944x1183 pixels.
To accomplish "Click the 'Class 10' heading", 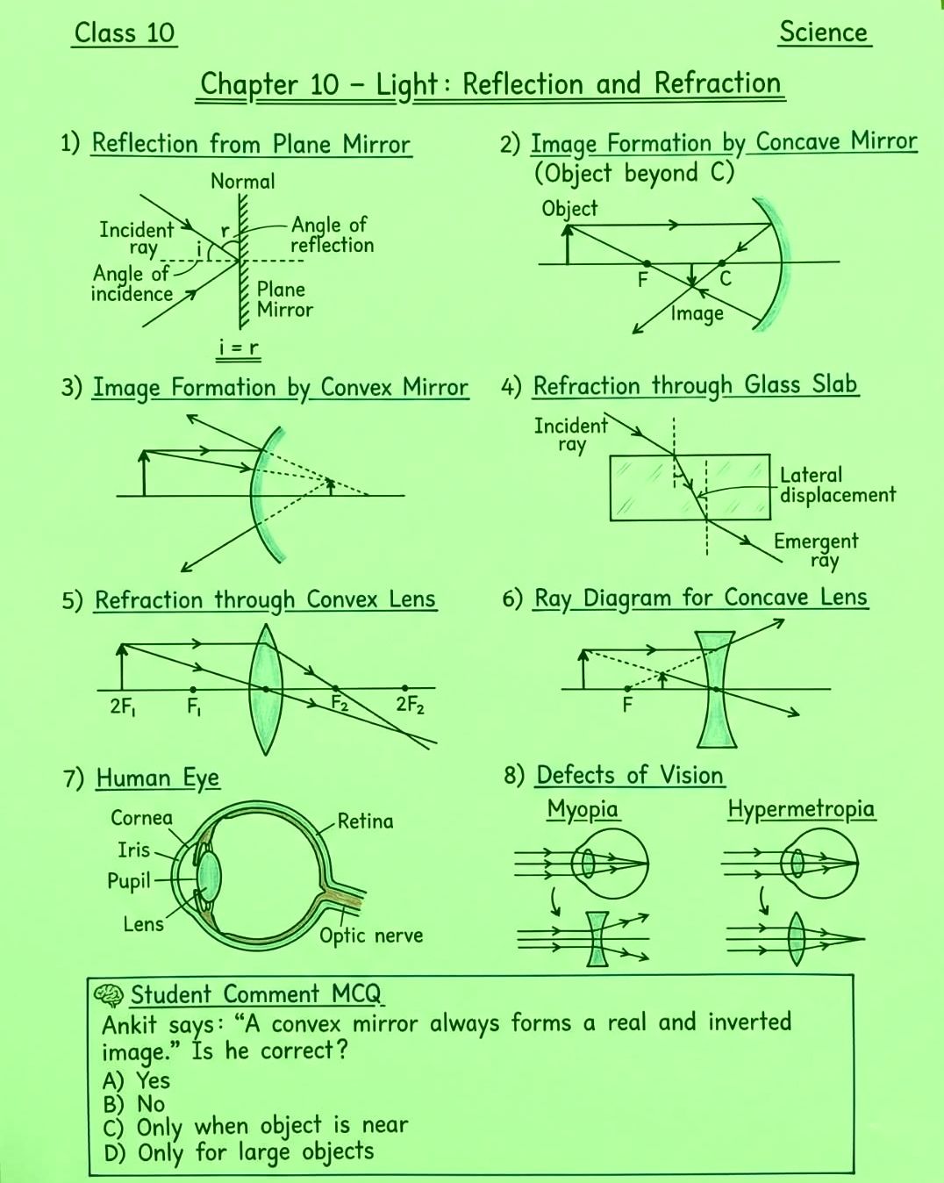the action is click(125, 33).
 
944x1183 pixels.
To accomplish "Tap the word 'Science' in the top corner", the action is click(823, 32).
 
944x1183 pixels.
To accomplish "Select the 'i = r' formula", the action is click(239, 348).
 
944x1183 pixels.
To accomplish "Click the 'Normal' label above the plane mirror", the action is click(242, 182).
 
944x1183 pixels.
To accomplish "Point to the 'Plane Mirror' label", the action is click(284, 299).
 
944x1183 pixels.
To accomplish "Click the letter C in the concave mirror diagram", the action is click(726, 279).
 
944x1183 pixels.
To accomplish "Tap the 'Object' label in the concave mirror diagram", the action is click(569, 210).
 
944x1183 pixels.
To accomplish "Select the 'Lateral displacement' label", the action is click(837, 484).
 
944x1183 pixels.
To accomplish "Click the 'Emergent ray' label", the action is click(816, 551).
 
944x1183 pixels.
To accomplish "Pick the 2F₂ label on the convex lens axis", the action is click(410, 704).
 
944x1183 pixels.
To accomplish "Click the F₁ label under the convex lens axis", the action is click(194, 706).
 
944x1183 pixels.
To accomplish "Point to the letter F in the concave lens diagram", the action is click(627, 704).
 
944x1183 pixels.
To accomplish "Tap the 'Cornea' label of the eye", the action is click(142, 818).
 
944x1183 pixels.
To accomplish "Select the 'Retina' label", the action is click(365, 821).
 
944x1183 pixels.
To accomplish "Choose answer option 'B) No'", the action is click(134, 1104).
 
